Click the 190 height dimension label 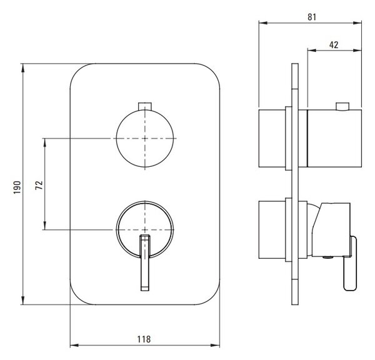tap(17, 187)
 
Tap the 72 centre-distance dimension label tap(39, 186)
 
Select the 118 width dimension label tap(144, 339)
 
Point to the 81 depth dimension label tap(312, 17)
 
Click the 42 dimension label tap(334, 45)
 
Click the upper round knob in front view tap(145, 138)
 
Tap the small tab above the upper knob tap(145, 106)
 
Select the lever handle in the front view tap(145, 262)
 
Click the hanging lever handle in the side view tap(350, 263)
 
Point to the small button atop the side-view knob tap(342, 106)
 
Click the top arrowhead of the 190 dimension tap(23, 68)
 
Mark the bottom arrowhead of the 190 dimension tap(23, 300)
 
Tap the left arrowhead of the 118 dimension tap(74, 345)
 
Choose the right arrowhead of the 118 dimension tap(215, 345)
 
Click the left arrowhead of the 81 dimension tap(263, 23)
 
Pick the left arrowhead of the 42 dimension tap(312, 50)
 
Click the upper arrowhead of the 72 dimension tap(45, 142)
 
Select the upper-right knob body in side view tap(334, 138)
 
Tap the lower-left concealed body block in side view tap(272, 229)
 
